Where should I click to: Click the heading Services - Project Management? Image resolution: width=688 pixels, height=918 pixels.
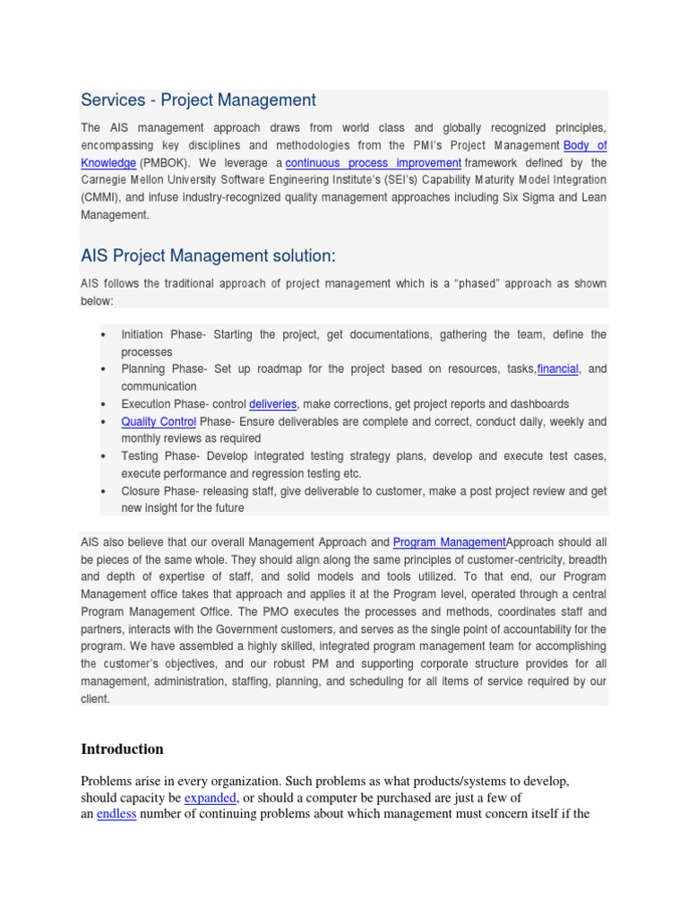coord(198,100)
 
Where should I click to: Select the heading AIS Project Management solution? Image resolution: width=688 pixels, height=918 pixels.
coord(208,256)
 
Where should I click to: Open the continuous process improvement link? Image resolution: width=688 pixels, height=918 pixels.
coord(373,163)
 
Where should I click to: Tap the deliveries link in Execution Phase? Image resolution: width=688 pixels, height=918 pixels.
coord(273,403)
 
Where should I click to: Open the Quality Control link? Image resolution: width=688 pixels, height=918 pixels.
coord(159,421)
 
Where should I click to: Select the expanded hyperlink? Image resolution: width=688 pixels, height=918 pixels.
coord(211,798)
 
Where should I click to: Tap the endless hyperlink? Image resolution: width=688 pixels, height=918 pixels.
coord(116,815)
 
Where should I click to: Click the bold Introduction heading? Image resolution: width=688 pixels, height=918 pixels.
coord(122,749)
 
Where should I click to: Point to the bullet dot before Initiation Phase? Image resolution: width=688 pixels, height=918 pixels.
coord(104,335)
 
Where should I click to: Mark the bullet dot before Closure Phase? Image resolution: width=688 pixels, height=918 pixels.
coord(104,491)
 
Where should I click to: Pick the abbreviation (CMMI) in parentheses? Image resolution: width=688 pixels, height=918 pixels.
coord(106,197)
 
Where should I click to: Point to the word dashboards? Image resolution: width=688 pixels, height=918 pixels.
coord(536,403)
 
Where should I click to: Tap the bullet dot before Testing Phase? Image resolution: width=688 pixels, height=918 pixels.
coord(104,456)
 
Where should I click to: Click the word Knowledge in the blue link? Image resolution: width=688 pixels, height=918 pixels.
coord(108,163)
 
